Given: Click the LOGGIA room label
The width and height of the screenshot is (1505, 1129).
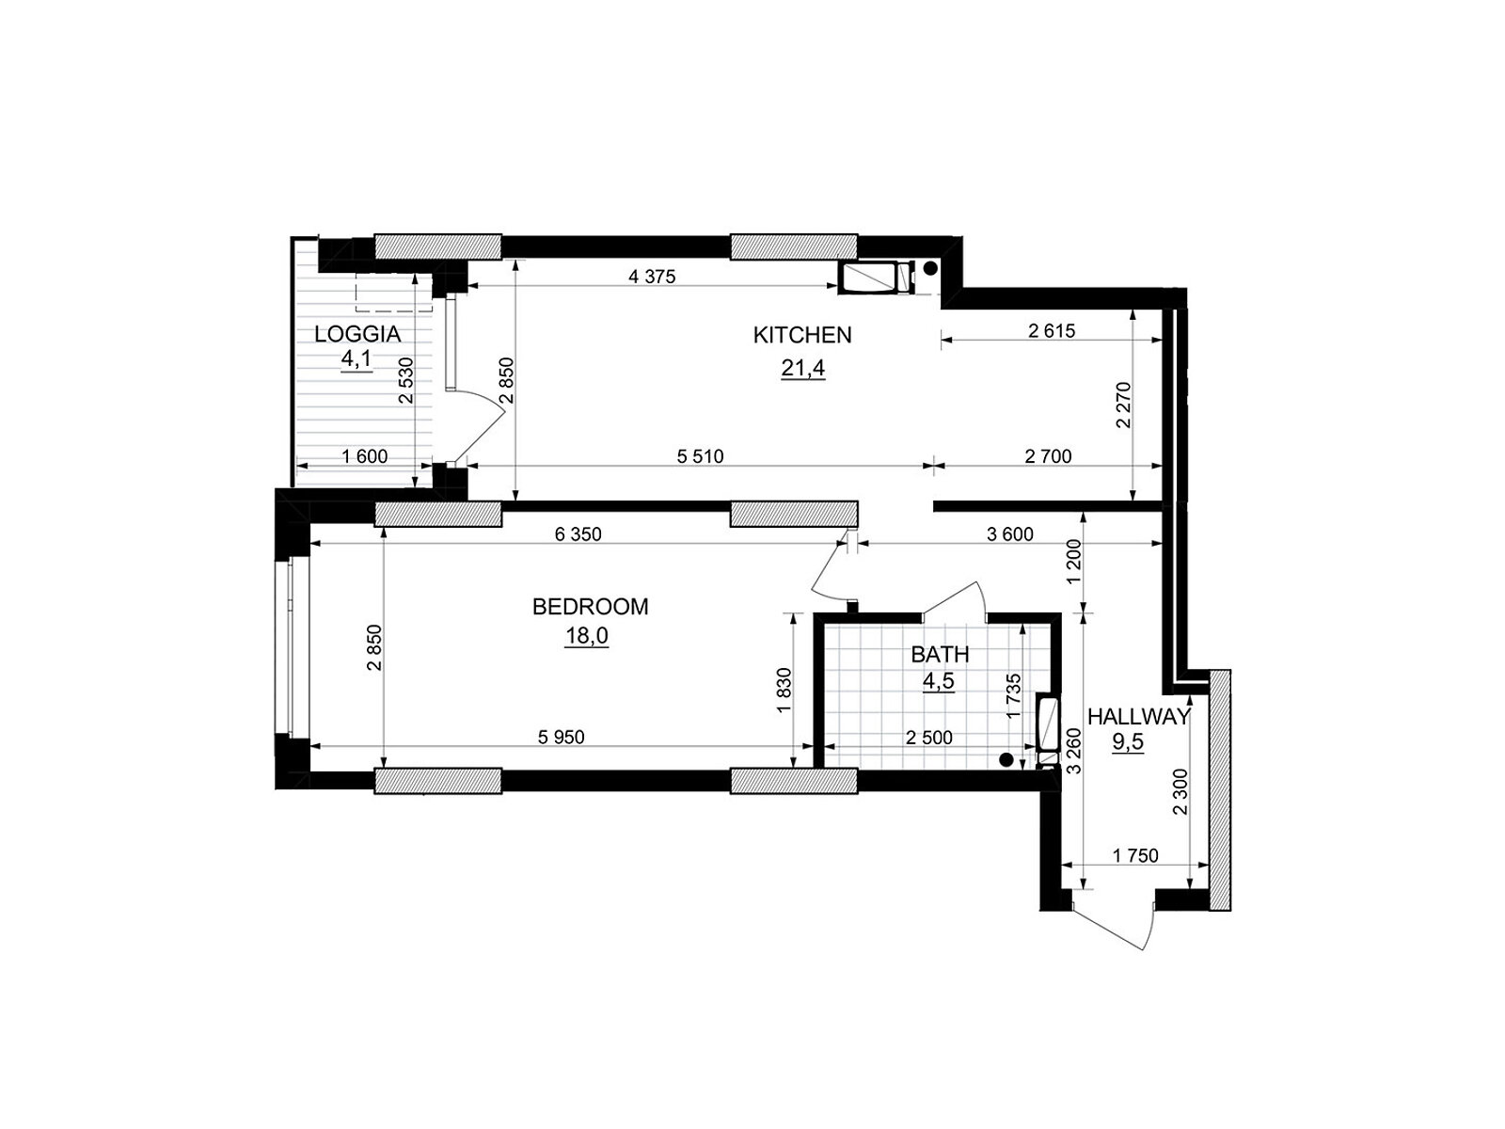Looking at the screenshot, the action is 357,335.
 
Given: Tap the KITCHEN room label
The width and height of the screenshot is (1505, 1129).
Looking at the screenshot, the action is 802,335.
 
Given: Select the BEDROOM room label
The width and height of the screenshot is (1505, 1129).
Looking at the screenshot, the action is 590,607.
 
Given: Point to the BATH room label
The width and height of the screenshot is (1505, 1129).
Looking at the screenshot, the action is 940,655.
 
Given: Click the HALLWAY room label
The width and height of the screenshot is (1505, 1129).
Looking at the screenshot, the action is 1138,717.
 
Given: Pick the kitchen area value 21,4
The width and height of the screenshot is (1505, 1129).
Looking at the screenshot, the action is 803,368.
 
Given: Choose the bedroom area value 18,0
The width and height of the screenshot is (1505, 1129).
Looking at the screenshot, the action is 586,636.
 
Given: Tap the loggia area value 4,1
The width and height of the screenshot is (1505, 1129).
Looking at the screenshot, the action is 357,358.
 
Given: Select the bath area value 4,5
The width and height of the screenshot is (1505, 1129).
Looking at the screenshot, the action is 939,680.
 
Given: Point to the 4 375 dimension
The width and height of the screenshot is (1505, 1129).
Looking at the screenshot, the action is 652,277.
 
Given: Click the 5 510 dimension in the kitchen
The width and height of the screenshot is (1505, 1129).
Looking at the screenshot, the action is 700,456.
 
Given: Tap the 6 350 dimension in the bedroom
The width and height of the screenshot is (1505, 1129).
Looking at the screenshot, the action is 578,534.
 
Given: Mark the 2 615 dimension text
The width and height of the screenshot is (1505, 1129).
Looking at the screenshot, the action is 1052,331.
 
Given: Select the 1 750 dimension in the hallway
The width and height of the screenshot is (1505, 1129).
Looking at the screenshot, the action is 1135,855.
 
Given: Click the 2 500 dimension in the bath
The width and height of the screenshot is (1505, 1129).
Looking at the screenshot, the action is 929,738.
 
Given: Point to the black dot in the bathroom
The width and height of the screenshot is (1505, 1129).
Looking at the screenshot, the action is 1006,759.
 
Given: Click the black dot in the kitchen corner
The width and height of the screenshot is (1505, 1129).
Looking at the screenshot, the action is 930,269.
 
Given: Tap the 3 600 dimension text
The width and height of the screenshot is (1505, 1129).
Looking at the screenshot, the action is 1010,534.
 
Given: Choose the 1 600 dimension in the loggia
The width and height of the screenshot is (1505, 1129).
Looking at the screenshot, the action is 365,456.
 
